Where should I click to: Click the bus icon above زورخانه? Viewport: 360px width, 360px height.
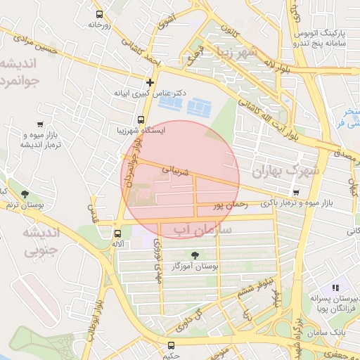(99, 13)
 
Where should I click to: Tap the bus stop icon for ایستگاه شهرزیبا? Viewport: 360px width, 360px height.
(141, 119)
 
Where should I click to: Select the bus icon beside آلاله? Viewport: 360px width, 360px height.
(117, 233)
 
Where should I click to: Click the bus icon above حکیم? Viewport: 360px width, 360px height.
(171, 345)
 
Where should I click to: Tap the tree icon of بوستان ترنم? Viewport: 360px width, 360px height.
(25, 194)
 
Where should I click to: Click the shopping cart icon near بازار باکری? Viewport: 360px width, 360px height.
(297, 193)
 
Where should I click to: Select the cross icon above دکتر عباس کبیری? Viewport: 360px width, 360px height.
(149, 82)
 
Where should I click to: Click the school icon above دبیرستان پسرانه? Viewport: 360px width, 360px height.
(336, 288)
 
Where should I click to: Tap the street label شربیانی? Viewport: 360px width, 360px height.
(176, 169)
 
